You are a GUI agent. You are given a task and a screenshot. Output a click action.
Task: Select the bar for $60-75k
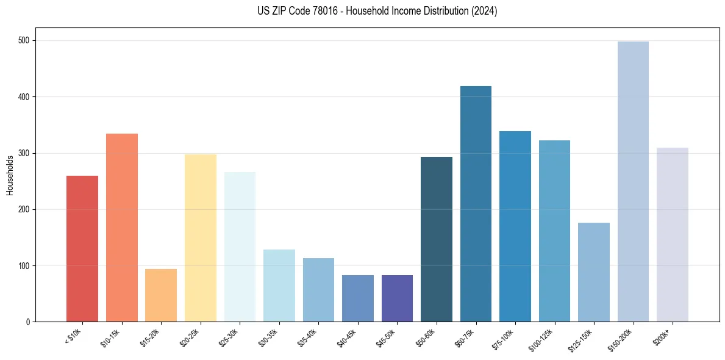click(x=476, y=204)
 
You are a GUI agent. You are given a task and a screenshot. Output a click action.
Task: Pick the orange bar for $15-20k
click(x=161, y=295)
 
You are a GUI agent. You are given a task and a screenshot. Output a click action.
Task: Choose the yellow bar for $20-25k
click(x=201, y=238)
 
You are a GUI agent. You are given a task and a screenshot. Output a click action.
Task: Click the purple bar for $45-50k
click(x=397, y=298)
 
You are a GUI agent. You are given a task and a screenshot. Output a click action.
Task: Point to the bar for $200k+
click(x=673, y=235)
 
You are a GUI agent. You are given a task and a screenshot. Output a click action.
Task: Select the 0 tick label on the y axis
click(x=30, y=322)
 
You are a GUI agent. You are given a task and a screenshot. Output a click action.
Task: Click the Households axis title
click(x=10, y=175)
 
